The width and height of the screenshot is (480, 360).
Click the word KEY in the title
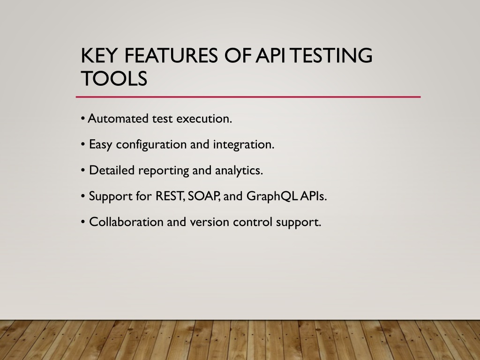(99, 55)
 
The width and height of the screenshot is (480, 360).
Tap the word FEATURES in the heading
(171, 55)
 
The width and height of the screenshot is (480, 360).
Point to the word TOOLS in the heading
(114, 78)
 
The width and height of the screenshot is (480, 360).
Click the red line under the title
(248, 97)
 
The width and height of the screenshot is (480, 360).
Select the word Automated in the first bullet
(118, 119)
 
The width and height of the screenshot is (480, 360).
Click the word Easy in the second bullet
(100, 145)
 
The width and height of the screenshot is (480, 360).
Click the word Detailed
(112, 170)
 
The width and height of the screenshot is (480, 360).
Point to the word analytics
(239, 171)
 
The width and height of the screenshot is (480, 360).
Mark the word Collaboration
(126, 222)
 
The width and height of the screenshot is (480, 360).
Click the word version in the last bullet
(210, 222)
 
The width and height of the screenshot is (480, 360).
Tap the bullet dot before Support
(83, 196)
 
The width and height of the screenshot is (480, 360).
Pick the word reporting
(164, 171)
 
